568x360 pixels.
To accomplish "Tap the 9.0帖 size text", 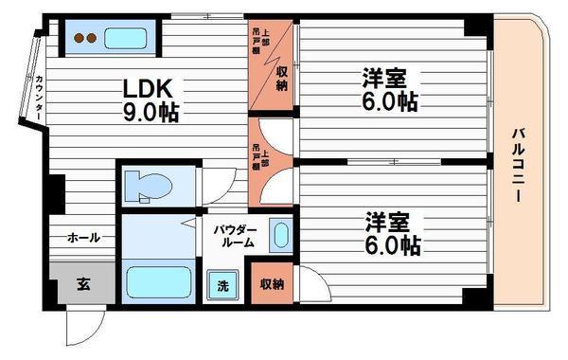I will (151, 112).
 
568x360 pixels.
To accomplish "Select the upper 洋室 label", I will (387, 77).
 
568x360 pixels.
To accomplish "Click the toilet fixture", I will (147, 187).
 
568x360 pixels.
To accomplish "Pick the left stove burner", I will (78, 40).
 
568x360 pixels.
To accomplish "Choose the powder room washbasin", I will (280, 236).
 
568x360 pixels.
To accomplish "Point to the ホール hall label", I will (82, 239).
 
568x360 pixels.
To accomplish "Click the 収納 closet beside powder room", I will (272, 285).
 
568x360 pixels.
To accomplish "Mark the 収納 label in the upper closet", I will (282, 80).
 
